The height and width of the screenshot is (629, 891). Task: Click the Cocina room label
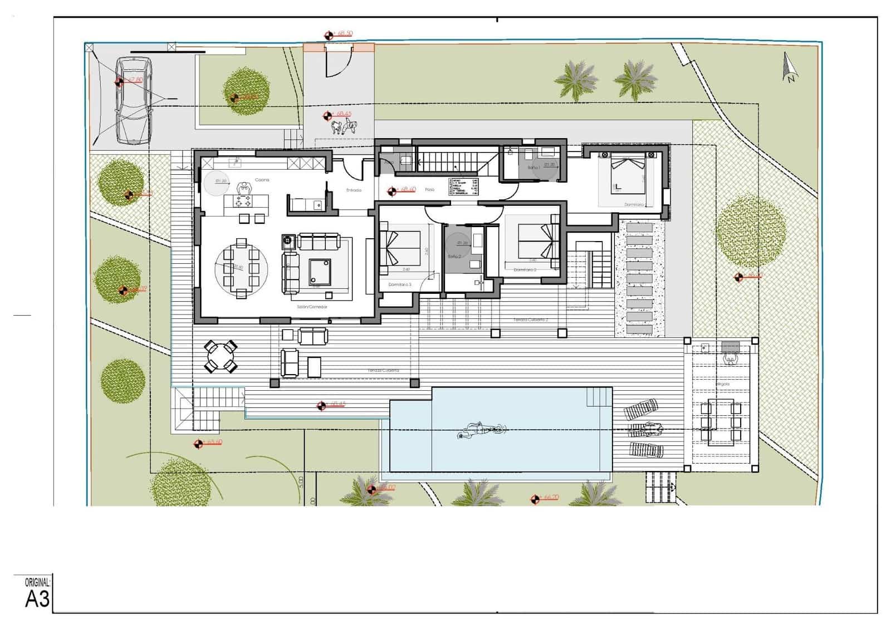tap(262, 180)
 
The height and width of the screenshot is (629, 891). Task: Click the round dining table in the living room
tap(241, 268)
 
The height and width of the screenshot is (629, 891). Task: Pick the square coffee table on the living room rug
tap(319, 271)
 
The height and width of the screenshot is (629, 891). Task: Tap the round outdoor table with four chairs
tap(222, 356)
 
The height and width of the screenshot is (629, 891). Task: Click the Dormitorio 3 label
tap(400, 284)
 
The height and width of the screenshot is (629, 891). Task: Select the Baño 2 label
tap(455, 257)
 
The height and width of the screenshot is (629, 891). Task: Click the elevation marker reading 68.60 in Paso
tap(392, 191)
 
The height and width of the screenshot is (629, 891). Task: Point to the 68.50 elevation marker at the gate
tap(329, 35)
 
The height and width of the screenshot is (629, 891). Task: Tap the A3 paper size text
tap(37, 599)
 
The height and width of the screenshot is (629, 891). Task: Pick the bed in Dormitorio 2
tap(537, 241)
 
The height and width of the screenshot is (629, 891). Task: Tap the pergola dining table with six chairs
tap(721, 421)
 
